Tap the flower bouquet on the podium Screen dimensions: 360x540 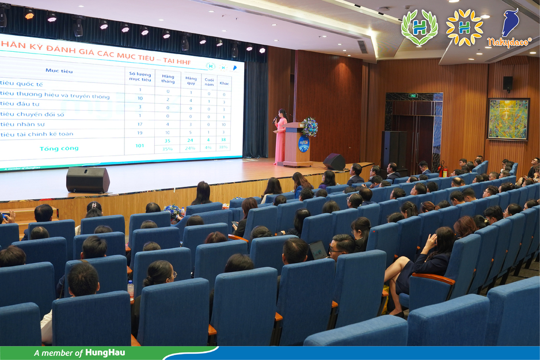[x=309, y=126]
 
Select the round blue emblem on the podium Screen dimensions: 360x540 [x=303, y=144]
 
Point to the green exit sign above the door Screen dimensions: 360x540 [x=413, y=96]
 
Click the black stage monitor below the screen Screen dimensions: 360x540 [x=88, y=179]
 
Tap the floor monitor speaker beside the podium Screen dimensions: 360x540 [x=334, y=161]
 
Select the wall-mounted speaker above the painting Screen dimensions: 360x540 [x=507, y=84]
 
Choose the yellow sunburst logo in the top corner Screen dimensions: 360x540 [x=465, y=27]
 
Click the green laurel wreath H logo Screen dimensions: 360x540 [x=419, y=27]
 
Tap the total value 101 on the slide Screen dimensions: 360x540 [x=139, y=145]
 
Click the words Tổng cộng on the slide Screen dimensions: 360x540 [x=58, y=149]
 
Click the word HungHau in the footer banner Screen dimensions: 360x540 [x=106, y=353]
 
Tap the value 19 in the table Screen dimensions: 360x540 [x=139, y=133]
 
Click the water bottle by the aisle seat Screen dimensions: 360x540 [x=131, y=288]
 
